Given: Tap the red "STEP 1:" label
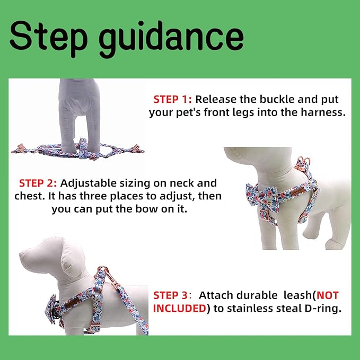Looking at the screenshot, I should (173, 99).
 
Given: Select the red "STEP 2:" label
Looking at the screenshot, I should (39, 183).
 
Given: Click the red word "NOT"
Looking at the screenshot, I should (328, 295).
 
